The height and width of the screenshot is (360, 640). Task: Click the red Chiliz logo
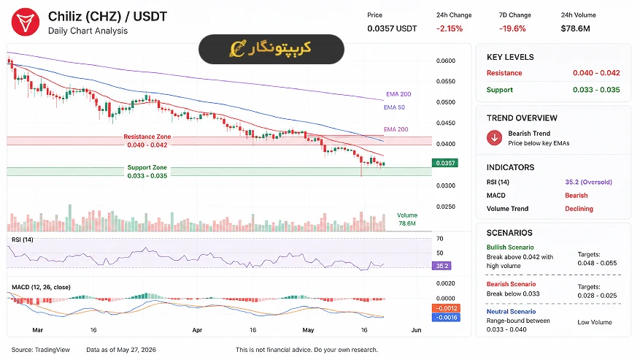pyautogui.click(x=26, y=22)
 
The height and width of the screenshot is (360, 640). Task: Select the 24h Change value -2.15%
pyautogui.click(x=450, y=28)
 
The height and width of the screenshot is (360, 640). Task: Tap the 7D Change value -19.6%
pyautogui.click(x=512, y=28)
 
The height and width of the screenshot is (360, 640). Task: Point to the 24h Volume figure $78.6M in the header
pyautogui.click(x=575, y=28)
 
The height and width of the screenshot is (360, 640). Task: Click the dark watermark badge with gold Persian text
pyautogui.click(x=271, y=49)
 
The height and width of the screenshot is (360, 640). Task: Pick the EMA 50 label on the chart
pyautogui.click(x=394, y=107)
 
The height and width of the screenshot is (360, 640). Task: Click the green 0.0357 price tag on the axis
pyautogui.click(x=445, y=163)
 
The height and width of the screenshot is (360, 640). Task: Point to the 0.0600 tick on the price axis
pyautogui.click(x=446, y=61)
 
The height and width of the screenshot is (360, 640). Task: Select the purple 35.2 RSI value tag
pyautogui.click(x=442, y=266)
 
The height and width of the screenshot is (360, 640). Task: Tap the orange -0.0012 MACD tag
pyautogui.click(x=446, y=308)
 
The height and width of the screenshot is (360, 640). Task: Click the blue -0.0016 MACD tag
pyautogui.click(x=446, y=318)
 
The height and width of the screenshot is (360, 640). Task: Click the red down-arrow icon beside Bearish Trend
pyautogui.click(x=494, y=138)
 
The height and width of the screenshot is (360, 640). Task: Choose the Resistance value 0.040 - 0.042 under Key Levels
pyautogui.click(x=596, y=73)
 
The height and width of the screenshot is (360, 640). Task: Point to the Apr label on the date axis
pyautogui.click(x=197, y=330)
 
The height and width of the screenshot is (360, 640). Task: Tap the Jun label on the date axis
pyautogui.click(x=416, y=330)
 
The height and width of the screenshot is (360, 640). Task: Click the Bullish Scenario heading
pyautogui.click(x=510, y=248)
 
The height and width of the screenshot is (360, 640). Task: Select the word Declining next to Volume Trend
pyautogui.click(x=579, y=208)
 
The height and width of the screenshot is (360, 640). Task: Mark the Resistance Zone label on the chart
pyautogui.click(x=147, y=137)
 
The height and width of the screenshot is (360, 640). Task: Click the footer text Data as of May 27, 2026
pyautogui.click(x=121, y=350)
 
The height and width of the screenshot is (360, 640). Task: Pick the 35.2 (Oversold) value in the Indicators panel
pyautogui.click(x=589, y=183)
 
